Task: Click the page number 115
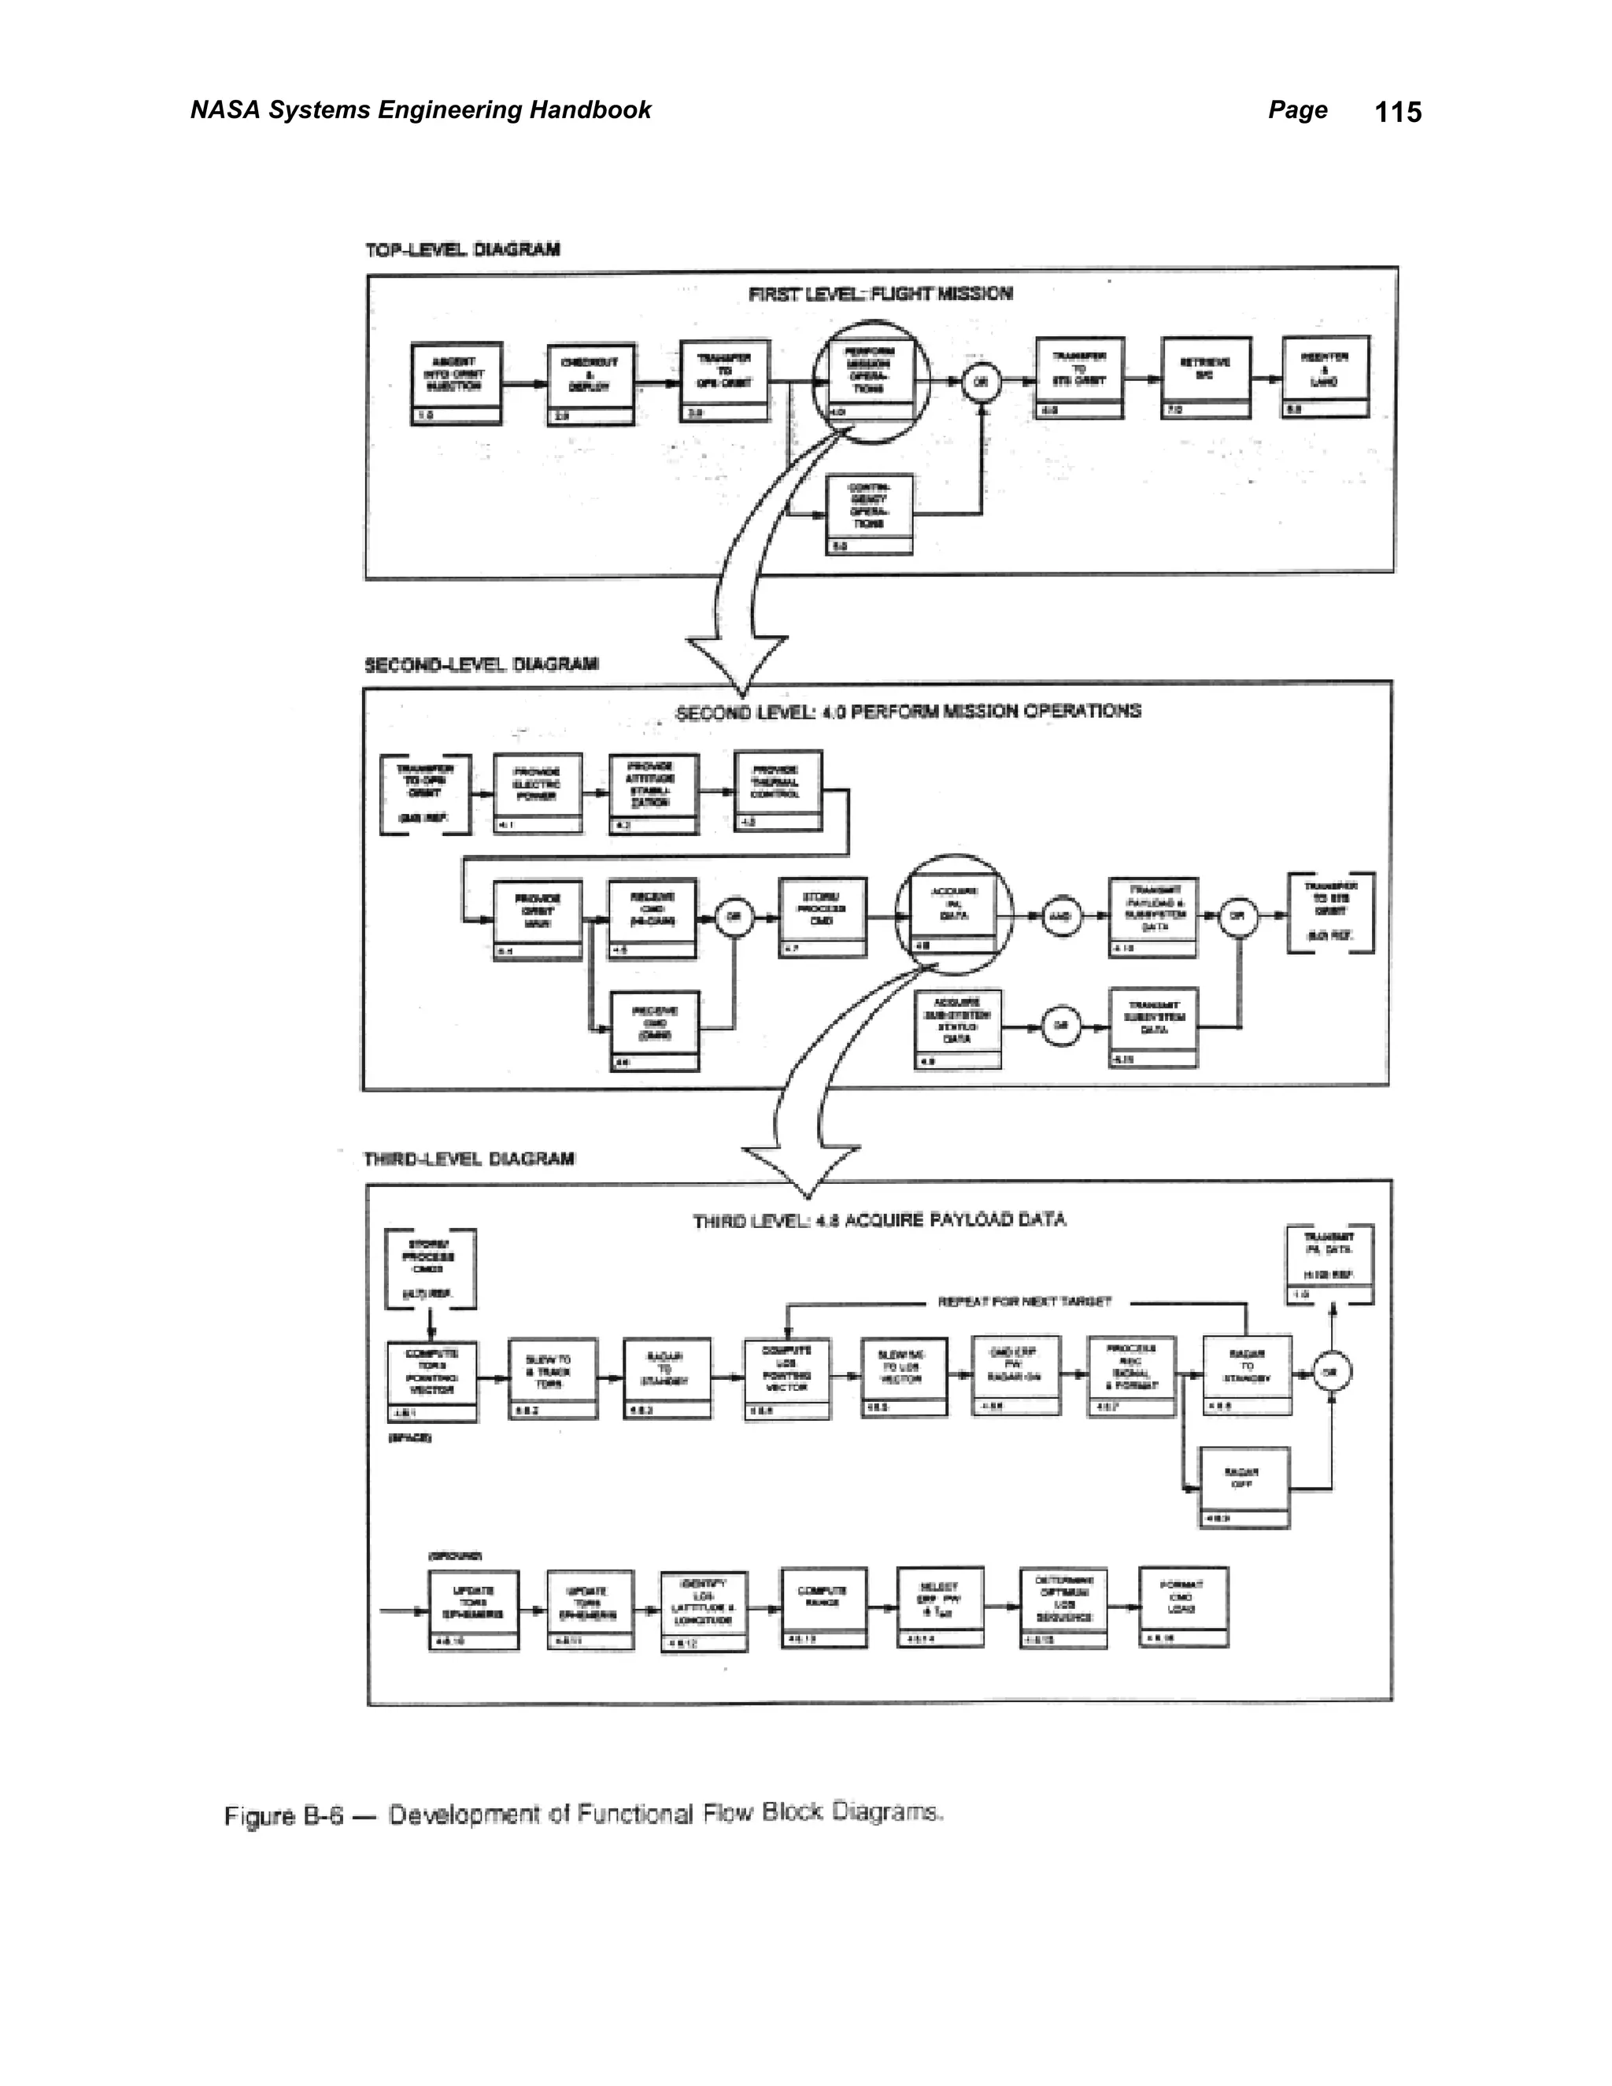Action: [x=1397, y=112]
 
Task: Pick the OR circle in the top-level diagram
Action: [x=980, y=383]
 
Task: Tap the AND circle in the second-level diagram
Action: [x=1061, y=916]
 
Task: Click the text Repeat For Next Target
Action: [x=1024, y=1302]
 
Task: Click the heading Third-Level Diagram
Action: [x=469, y=1160]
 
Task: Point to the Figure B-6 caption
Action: [x=583, y=1814]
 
